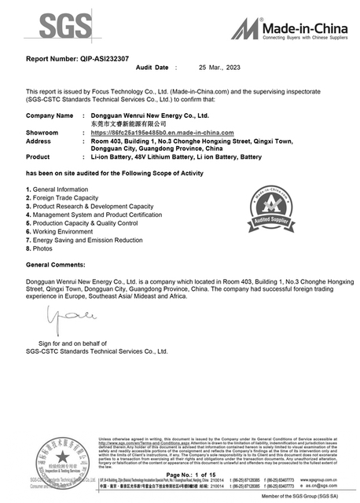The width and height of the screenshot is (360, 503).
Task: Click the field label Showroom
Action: point(42,133)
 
